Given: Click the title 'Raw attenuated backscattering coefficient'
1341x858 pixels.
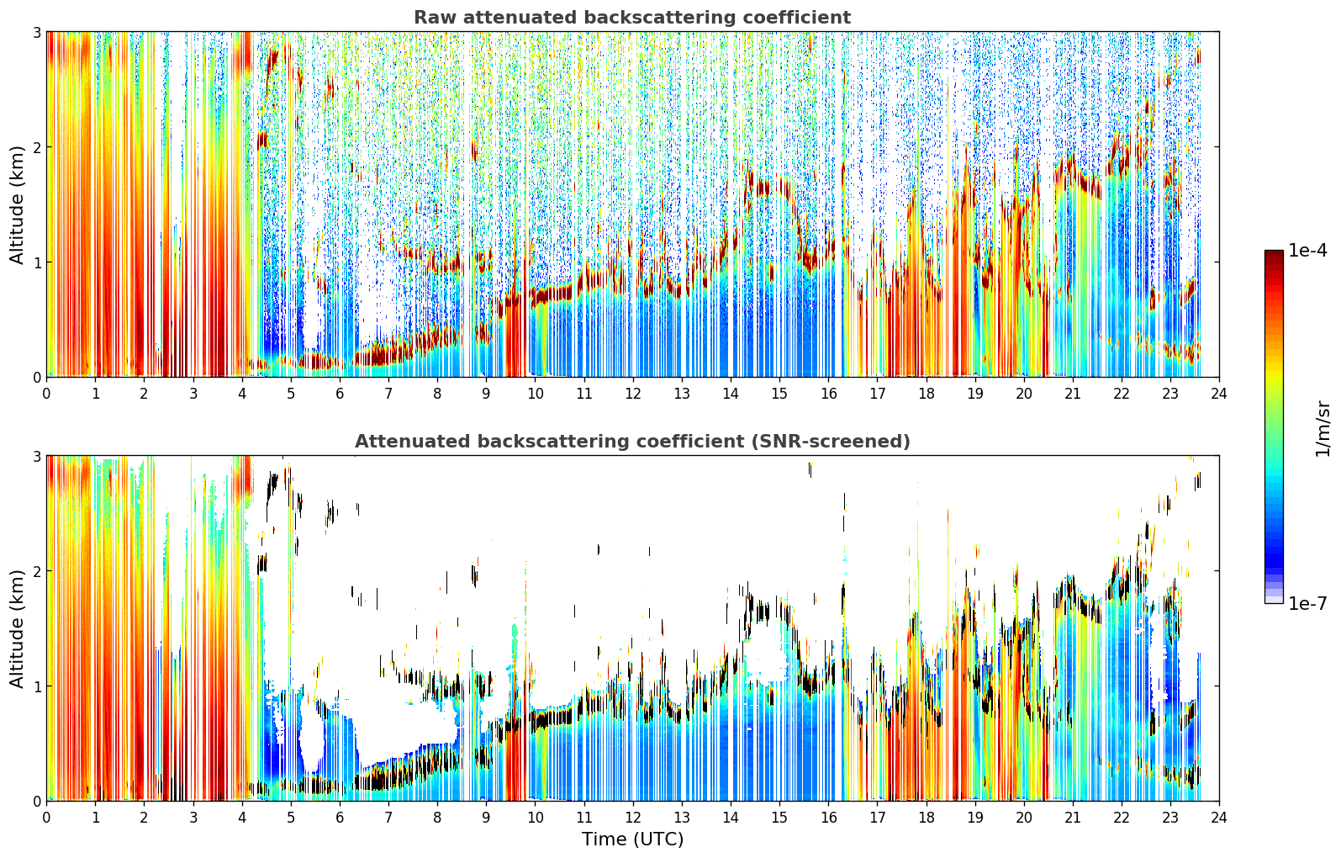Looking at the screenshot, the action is pos(632,18).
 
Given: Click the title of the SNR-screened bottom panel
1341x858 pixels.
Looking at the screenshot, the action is pos(632,442).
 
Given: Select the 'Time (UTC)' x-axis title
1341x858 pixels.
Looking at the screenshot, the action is pos(632,839).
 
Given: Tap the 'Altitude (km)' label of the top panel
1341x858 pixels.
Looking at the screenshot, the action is pos(17,205).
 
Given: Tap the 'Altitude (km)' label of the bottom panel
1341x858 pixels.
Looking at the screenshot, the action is pos(17,628).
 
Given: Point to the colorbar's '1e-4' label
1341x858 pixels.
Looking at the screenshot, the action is pos(1307,251).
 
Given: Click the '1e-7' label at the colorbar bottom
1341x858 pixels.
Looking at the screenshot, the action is pos(1307,603).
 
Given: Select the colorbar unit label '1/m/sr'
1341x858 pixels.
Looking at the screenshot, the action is pos(1323,429).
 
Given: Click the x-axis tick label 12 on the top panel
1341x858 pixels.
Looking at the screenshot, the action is pos(633,394).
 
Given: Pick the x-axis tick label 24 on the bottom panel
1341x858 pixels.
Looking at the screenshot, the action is pos(1219,818).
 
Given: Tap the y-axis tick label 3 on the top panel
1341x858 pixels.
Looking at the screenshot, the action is pos(36,32).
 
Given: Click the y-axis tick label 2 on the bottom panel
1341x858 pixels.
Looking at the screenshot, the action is pos(36,571).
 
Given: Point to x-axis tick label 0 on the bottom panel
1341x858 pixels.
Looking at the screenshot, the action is pos(47,818).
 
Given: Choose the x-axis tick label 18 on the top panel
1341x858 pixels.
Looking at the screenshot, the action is pos(927,394).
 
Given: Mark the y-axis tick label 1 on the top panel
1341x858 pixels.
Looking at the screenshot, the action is pos(36,262).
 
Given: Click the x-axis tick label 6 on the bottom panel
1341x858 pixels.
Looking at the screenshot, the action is pos(340,818).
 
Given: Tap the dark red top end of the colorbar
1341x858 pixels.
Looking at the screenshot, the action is pos(1274,253).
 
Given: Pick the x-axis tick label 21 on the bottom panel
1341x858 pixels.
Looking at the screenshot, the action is pos(1073,818).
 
